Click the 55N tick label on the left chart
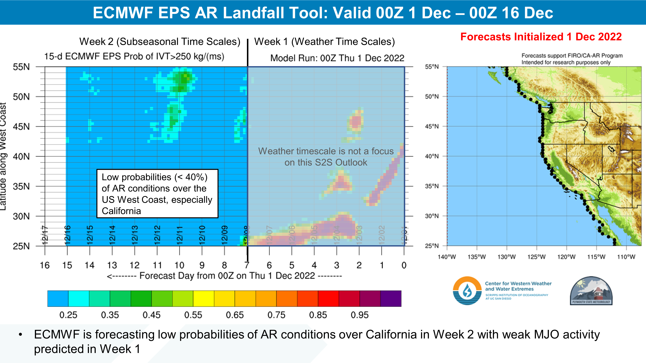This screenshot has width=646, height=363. tap(21, 67)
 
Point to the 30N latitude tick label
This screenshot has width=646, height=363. tap(21, 216)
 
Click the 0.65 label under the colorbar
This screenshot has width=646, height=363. tap(235, 315)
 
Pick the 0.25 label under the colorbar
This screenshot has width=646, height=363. tap(68, 315)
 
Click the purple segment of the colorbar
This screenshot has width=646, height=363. tap(391, 298)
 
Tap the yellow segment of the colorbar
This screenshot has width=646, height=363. tap(203, 298)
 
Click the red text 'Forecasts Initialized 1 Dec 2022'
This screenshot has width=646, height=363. tap(541, 37)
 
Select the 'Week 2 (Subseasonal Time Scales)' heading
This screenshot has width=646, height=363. tap(160, 42)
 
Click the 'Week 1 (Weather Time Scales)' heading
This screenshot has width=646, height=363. tap(324, 42)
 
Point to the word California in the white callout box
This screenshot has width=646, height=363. tap(121, 211)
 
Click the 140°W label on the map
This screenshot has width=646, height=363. tap(447, 257)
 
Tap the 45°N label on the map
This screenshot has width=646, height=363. tap(432, 126)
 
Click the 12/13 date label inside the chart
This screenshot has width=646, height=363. tap(135, 235)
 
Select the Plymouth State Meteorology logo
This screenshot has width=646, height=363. tap(591, 291)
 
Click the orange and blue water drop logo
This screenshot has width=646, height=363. tap(467, 291)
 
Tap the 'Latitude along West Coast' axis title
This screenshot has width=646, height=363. tap(3, 156)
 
